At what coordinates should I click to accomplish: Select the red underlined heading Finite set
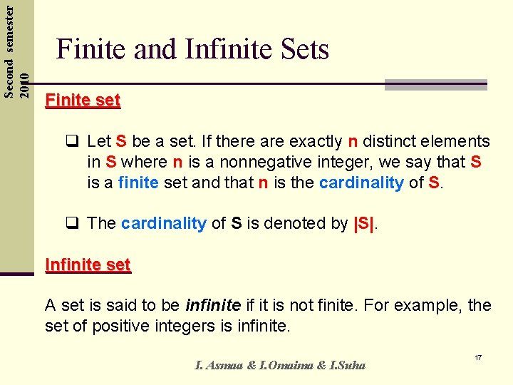click(x=83, y=101)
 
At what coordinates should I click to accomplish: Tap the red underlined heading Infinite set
click(x=88, y=265)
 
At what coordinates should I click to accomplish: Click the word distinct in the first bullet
click(x=392, y=141)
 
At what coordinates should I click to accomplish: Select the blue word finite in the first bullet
click(x=138, y=183)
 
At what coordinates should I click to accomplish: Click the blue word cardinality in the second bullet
click(x=163, y=223)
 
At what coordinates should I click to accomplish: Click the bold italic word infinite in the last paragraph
click(x=213, y=306)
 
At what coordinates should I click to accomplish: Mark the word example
click(x=427, y=306)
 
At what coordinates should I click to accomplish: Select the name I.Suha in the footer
click(x=346, y=365)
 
